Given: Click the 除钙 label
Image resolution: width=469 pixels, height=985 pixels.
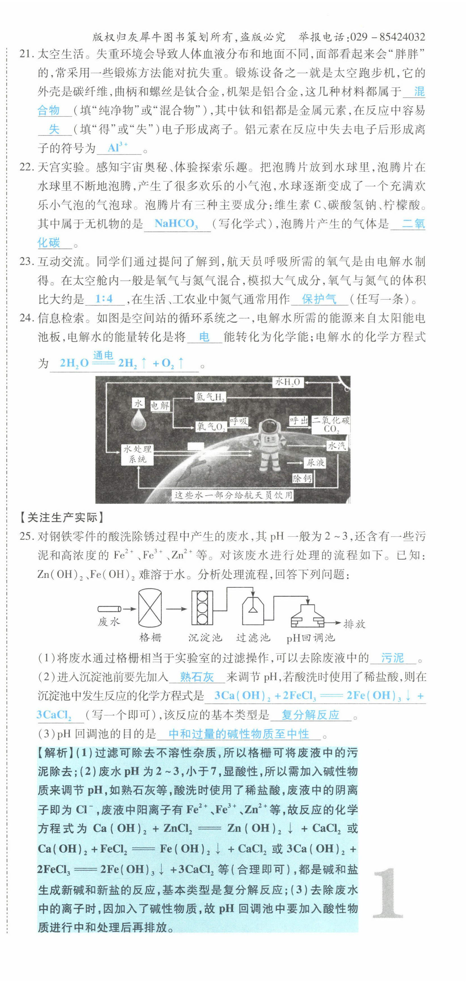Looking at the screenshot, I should pos(302,478).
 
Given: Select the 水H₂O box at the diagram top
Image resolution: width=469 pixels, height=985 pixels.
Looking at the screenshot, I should pos(288,382).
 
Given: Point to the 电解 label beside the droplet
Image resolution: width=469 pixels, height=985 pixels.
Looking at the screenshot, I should pos(160,405).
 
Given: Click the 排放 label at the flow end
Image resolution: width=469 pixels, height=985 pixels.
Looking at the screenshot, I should pos(354,624).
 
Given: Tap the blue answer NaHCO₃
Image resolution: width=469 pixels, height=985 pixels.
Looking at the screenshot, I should pos(176,224).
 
